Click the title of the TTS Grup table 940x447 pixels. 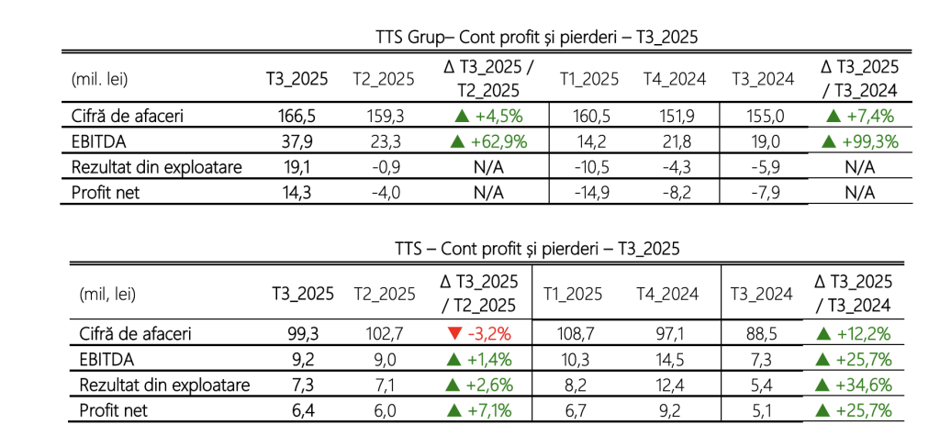click(x=537, y=38)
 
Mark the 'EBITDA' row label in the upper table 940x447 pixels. click(x=97, y=141)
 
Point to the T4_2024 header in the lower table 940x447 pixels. click(x=668, y=294)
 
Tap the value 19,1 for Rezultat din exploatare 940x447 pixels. click(x=298, y=167)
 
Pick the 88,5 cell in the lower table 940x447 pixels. click(x=762, y=333)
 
